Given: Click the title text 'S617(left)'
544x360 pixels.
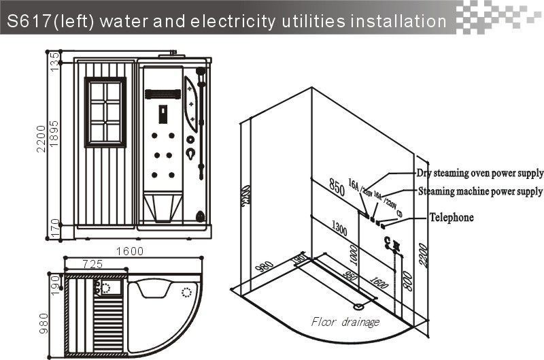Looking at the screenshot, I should [51, 22].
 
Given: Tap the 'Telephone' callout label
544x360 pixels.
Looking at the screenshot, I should [450, 218].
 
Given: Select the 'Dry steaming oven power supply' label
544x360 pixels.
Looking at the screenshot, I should [479, 172].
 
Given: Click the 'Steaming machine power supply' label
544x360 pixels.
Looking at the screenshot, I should [480, 191].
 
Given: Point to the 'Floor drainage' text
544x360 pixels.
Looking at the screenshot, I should [345, 321].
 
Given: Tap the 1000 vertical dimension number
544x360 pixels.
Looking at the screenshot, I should [352, 255].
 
